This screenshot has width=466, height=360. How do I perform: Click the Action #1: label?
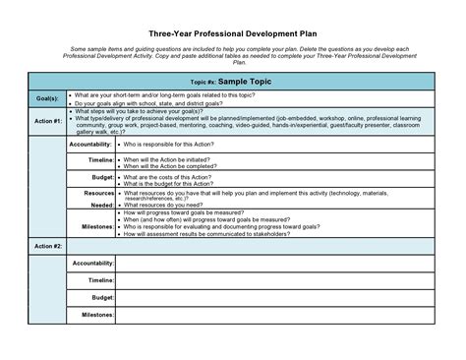(x=48, y=121)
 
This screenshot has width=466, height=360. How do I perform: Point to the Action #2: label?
(x=48, y=245)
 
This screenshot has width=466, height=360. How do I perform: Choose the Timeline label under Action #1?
(x=100, y=159)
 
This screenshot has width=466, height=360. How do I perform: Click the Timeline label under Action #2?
(x=100, y=280)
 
